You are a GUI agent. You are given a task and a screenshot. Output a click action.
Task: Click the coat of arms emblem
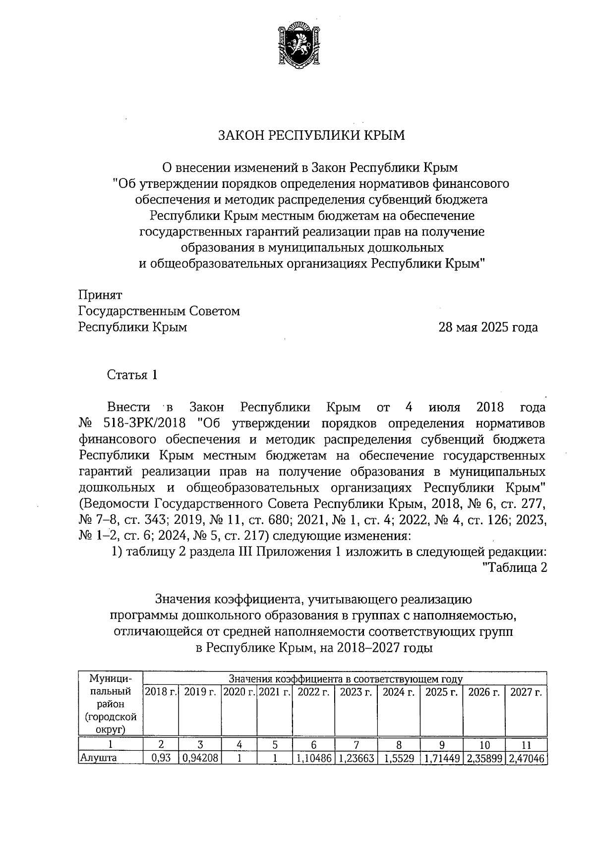click(297, 45)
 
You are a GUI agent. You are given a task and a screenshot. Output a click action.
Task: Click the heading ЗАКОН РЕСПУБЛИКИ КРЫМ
click(312, 135)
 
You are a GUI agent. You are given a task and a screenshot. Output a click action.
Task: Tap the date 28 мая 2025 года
click(487, 328)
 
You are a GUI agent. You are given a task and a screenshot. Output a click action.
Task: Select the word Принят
click(101, 295)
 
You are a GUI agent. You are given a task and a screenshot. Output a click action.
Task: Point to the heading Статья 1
click(133, 375)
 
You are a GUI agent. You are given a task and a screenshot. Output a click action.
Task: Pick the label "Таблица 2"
click(515, 568)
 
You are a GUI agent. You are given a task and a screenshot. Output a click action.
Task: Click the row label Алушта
click(98, 758)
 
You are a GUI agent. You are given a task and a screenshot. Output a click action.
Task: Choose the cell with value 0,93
click(161, 758)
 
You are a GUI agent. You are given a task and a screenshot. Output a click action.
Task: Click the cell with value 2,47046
click(526, 758)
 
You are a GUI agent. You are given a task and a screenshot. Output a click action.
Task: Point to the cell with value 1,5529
click(399, 758)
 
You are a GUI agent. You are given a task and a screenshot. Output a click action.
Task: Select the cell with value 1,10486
click(313, 758)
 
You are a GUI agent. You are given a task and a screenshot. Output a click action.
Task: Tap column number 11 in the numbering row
click(526, 745)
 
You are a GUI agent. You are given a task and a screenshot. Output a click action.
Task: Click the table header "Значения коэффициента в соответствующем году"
click(345, 678)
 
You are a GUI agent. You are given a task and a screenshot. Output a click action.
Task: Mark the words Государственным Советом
click(159, 311)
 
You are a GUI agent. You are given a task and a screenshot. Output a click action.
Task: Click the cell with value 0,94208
click(199, 758)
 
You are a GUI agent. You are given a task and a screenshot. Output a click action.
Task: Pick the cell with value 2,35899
click(483, 758)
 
